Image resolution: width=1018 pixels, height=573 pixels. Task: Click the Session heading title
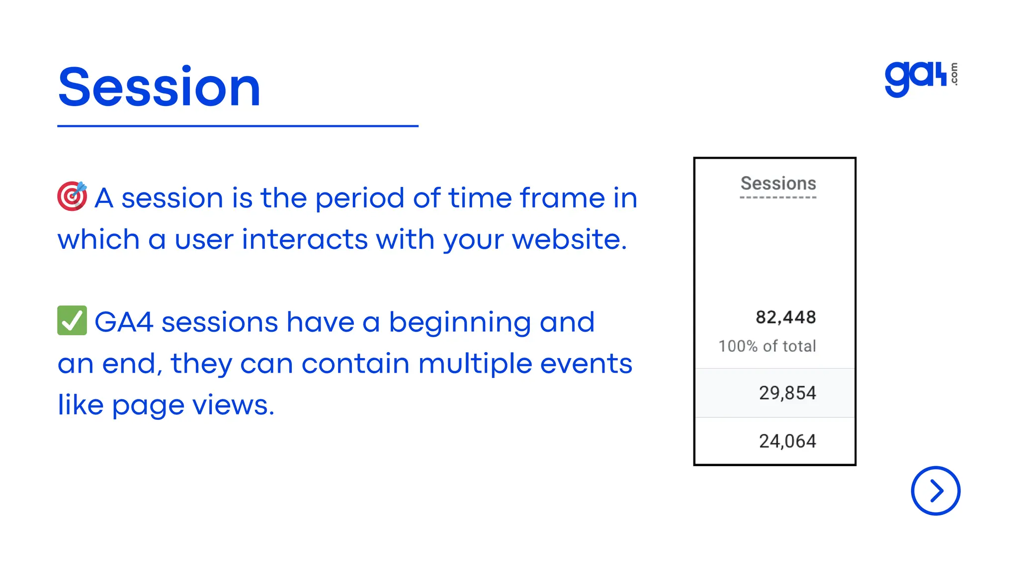(x=159, y=88)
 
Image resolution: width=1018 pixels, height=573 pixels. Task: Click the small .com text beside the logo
(x=954, y=74)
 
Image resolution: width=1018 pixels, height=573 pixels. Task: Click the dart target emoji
(x=72, y=196)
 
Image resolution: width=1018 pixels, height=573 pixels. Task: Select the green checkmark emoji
(x=72, y=320)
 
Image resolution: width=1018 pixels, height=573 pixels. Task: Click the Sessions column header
(x=778, y=184)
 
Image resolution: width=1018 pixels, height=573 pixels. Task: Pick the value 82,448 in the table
(x=785, y=317)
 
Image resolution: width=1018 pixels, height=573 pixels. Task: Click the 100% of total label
(x=767, y=346)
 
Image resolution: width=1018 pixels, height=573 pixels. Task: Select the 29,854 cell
(x=787, y=393)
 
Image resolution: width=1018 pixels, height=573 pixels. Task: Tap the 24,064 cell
(x=787, y=441)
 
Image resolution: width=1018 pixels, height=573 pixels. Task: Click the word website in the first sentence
(x=569, y=240)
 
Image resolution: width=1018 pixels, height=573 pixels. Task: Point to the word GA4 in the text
(x=124, y=322)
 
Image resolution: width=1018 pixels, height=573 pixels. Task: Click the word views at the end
(x=233, y=405)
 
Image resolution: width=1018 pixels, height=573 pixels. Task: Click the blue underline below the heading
(x=238, y=126)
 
